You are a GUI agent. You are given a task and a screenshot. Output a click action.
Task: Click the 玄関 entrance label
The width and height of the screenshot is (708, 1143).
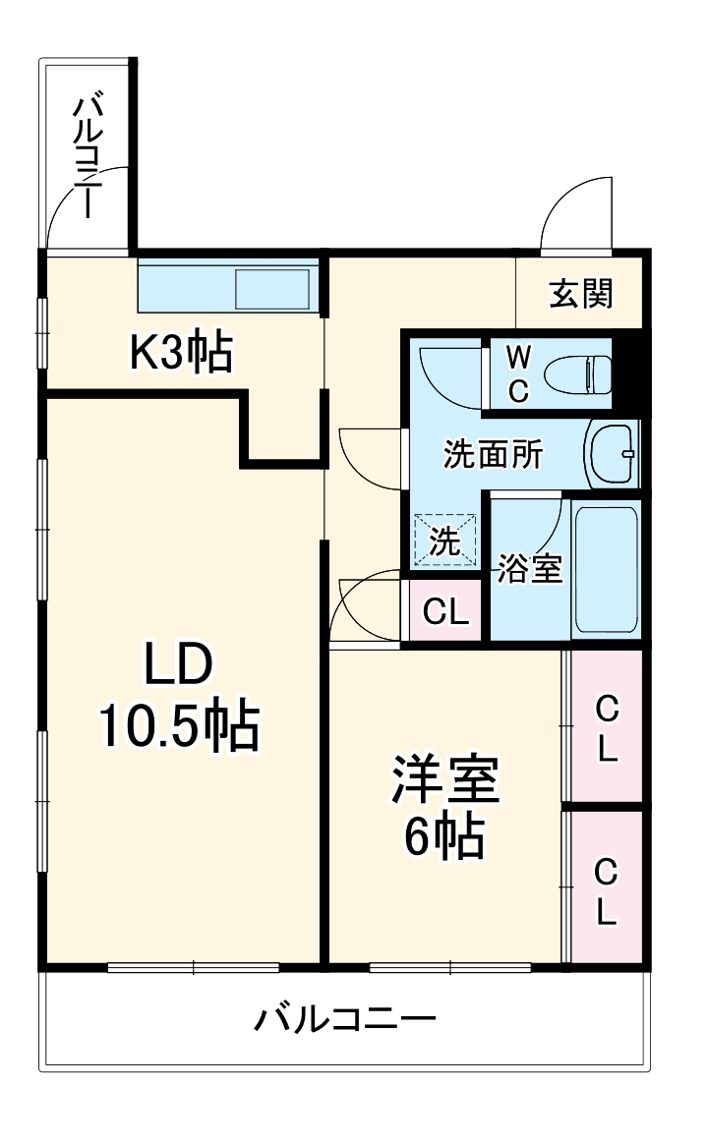point(581,292)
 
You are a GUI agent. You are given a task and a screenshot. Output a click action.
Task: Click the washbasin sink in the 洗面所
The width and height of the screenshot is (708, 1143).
point(612,453)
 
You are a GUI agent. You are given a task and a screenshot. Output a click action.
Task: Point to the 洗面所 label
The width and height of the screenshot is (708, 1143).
point(493,454)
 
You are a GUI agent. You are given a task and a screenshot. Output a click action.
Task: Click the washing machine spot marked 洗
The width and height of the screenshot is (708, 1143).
point(444,541)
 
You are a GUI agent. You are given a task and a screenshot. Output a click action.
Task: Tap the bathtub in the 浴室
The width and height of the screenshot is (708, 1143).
point(606,570)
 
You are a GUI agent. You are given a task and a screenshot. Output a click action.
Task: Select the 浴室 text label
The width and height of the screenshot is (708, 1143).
point(529,569)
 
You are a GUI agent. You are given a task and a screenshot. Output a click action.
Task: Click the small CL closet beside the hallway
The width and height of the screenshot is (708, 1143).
point(444,611)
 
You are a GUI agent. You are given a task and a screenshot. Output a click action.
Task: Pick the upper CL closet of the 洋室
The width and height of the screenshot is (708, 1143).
point(607,728)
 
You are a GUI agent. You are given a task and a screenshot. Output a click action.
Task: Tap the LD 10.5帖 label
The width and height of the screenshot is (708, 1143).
point(178,698)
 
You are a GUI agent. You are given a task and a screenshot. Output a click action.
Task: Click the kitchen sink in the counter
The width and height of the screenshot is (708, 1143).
point(272,289)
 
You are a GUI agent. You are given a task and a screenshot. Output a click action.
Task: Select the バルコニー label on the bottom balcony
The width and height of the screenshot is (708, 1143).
point(345,1019)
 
